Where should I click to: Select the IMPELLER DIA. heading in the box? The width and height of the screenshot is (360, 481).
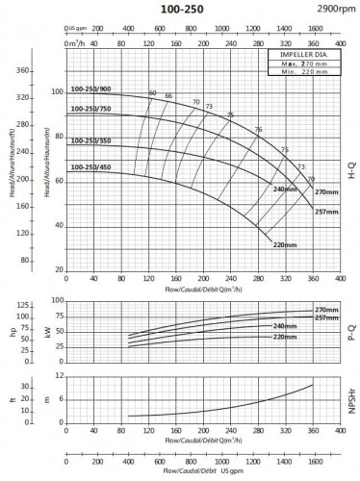[296, 56]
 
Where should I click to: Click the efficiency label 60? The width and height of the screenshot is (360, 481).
[152, 92]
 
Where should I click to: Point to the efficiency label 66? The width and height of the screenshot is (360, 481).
[168, 96]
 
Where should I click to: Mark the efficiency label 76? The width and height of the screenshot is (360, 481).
[258, 129]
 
